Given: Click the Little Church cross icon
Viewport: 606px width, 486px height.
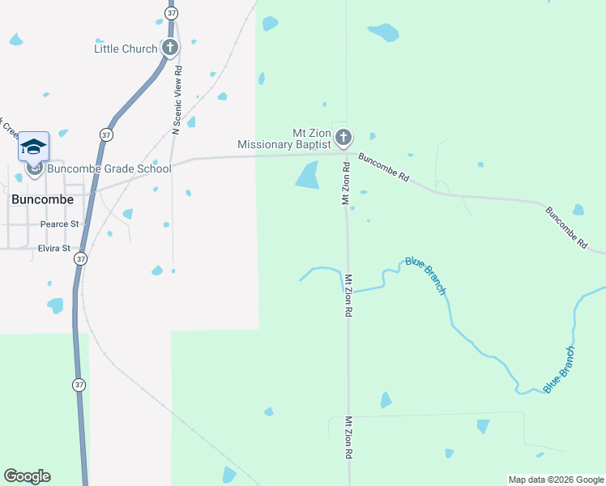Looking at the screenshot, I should [170, 47].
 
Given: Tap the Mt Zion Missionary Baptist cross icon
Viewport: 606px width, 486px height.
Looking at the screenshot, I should [344, 138].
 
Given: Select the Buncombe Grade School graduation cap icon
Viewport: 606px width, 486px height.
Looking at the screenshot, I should [33, 147].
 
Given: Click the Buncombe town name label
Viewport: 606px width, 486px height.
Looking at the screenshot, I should [42, 198].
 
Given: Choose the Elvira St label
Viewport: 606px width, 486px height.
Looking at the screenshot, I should [55, 248].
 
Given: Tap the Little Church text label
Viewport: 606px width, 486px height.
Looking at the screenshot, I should [126, 49].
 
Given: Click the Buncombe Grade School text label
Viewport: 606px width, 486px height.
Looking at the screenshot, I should [109, 168].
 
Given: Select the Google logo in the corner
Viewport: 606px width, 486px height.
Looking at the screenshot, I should [27, 476].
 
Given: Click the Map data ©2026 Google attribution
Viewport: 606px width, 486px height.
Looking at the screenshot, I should [556, 480].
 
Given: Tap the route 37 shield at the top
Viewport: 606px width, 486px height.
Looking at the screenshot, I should [170, 13].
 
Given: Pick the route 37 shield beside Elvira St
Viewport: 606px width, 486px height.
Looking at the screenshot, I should [79, 258].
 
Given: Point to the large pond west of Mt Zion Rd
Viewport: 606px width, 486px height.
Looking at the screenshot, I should [308, 174].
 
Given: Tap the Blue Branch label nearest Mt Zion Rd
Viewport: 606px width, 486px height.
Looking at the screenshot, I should [425, 276].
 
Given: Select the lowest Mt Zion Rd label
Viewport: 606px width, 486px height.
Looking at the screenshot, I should [348, 439].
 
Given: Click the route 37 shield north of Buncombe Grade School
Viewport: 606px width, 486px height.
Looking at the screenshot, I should [106, 134].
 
